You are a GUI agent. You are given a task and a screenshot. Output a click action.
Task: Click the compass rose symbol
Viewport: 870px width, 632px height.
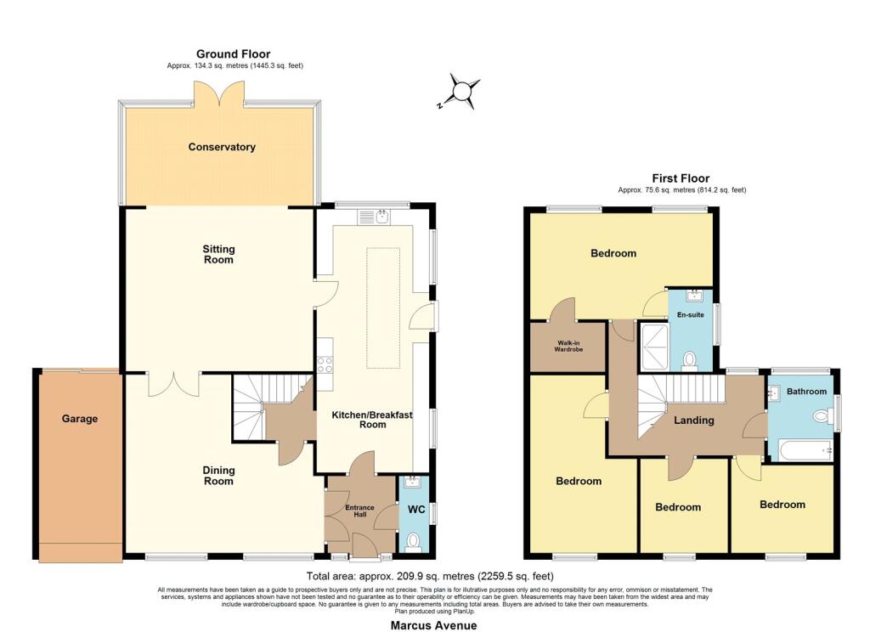[460, 91]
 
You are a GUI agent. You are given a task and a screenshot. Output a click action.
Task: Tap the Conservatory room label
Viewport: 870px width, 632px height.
[222, 147]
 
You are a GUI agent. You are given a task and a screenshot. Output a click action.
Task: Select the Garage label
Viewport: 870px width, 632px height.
[79, 419]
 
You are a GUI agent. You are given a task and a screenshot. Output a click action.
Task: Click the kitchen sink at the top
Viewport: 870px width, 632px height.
[375, 217]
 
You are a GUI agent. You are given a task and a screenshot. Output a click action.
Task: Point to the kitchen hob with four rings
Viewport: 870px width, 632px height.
[325, 364]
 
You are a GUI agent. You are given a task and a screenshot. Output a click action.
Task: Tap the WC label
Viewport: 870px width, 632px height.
[416, 510]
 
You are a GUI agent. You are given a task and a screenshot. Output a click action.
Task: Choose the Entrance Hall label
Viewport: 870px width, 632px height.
[359, 511]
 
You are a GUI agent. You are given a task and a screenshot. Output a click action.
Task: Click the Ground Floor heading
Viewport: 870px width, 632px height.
[233, 54]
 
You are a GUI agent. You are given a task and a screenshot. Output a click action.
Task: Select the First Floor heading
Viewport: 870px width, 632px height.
[681, 178]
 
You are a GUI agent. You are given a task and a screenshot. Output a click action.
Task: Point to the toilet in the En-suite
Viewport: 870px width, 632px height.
[690, 360]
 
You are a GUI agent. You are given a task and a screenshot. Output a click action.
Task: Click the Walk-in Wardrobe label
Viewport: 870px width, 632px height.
[568, 347]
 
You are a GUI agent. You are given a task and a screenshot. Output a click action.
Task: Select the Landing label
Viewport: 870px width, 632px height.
[693, 420]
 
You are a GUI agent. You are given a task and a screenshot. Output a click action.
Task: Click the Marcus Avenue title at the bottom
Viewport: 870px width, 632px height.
[433, 625]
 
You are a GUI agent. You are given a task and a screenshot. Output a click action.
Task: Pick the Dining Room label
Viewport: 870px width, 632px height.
[218, 476]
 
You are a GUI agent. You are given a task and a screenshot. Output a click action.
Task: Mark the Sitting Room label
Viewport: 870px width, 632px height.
[218, 254]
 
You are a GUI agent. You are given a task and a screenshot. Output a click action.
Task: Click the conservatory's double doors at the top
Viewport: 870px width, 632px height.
[218, 93]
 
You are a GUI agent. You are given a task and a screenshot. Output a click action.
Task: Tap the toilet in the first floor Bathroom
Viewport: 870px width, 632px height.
[822, 415]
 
